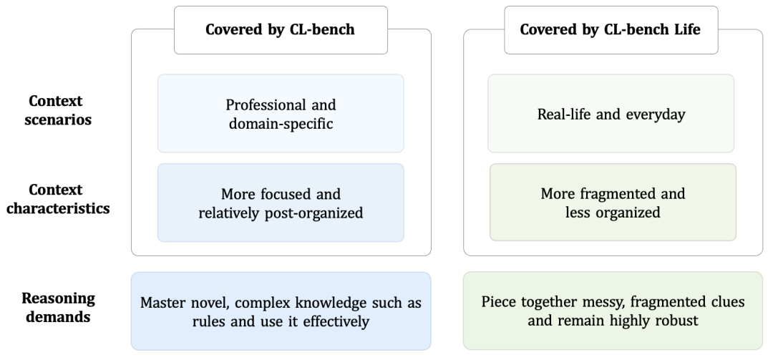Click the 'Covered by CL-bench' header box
click(281, 29)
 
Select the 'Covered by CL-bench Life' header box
click(611, 29)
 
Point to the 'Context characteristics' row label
click(58, 199)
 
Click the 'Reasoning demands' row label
click(58, 306)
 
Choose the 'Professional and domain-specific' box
click(281, 113)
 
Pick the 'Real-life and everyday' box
click(611, 113)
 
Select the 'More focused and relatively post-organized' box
click(281, 203)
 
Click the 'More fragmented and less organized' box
click(613, 203)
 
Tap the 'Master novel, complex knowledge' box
click(281, 311)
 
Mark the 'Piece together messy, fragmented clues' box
click(613, 311)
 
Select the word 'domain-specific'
click(281, 123)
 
